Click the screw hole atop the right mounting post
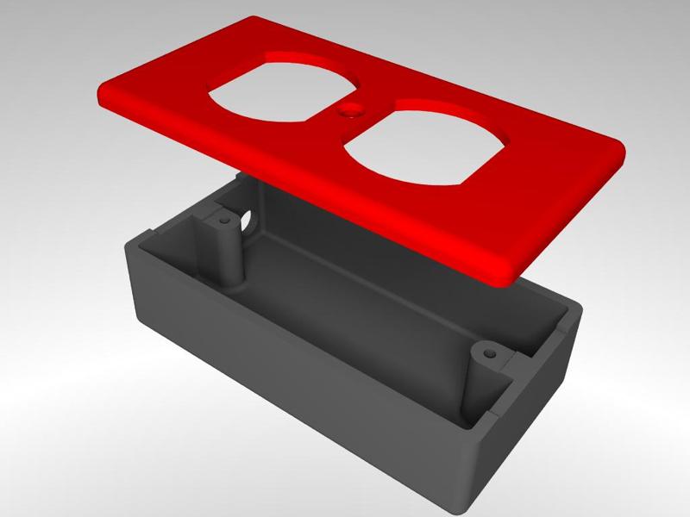[x=491, y=353]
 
